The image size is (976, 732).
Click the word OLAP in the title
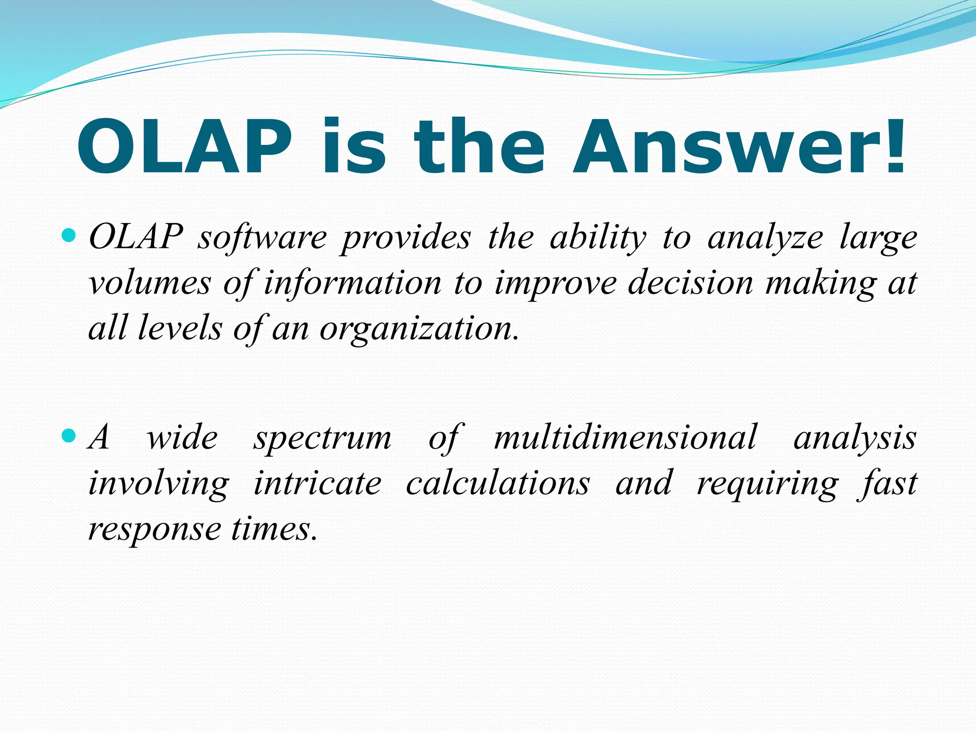184,147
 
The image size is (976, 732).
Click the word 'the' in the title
479,147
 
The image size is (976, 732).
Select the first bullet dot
69,235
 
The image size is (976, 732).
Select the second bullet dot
69,435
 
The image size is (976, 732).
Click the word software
263,237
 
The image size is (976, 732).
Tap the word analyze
765,238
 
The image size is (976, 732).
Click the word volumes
150,283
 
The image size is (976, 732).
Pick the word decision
691,283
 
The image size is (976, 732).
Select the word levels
180,329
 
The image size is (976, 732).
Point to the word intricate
317,483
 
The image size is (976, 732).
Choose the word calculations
498,483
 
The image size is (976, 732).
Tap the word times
274,529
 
